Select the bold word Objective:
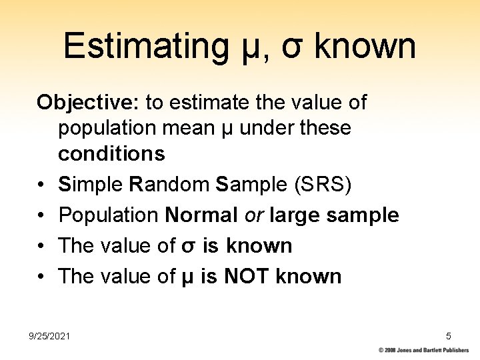click(88, 102)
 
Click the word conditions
click(111, 153)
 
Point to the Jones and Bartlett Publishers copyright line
click(424, 350)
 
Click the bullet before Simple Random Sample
click(41, 185)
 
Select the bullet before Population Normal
click(41, 215)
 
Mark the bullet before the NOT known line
click(41, 277)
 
